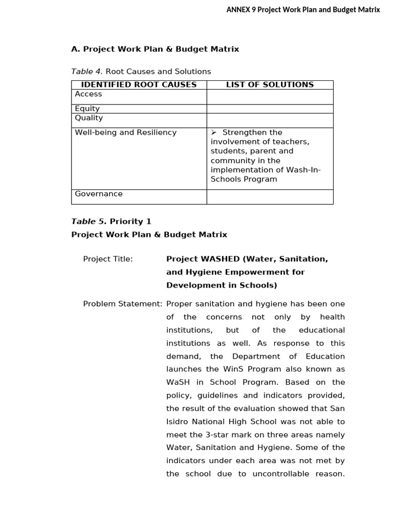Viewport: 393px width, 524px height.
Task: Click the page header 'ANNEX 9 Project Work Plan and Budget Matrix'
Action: (303, 10)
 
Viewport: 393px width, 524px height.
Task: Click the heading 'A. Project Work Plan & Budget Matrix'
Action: (155, 49)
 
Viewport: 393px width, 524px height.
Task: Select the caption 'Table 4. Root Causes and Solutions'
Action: (141, 72)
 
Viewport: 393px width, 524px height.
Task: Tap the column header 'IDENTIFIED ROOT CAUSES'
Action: (139, 85)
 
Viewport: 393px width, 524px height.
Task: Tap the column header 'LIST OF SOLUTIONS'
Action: (270, 85)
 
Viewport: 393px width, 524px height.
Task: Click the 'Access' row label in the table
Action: (89, 94)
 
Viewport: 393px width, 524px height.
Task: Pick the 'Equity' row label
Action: (88, 108)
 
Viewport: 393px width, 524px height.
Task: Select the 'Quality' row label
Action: (89, 118)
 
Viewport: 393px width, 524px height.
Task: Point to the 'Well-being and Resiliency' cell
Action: (126, 133)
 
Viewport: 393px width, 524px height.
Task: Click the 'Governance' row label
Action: (99, 194)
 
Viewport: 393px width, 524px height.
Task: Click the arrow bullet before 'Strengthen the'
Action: (214, 133)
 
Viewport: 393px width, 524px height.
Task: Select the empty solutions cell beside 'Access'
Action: (270, 97)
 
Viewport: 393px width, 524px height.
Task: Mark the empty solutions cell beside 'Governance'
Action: (270, 196)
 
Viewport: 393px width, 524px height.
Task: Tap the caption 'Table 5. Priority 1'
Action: (111, 222)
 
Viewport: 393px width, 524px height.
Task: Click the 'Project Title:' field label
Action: (108, 259)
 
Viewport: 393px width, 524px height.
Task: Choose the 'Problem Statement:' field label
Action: (123, 304)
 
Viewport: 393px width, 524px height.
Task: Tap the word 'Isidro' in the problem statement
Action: (179, 422)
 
